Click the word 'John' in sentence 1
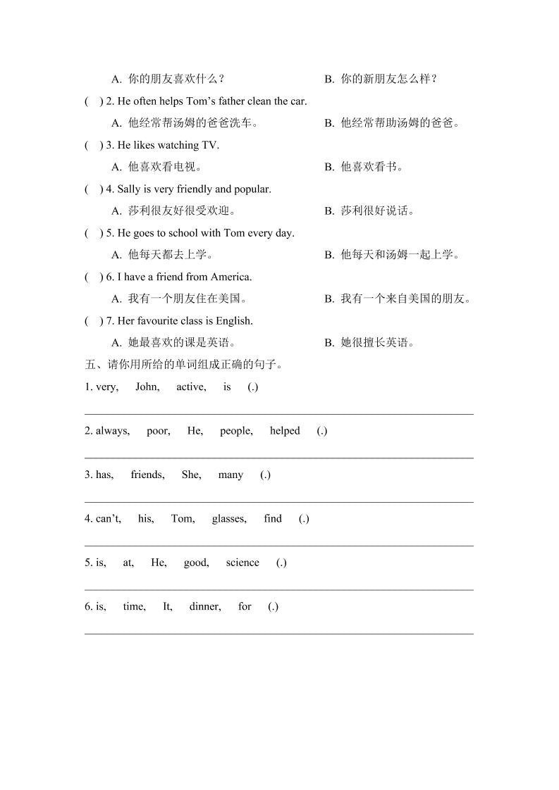point(147,387)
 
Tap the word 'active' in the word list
point(190,387)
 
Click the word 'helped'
point(284,431)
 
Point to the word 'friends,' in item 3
point(147,475)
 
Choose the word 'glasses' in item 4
point(228,519)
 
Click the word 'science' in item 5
point(242,563)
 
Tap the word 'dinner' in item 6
point(204,606)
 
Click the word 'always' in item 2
point(112,431)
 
